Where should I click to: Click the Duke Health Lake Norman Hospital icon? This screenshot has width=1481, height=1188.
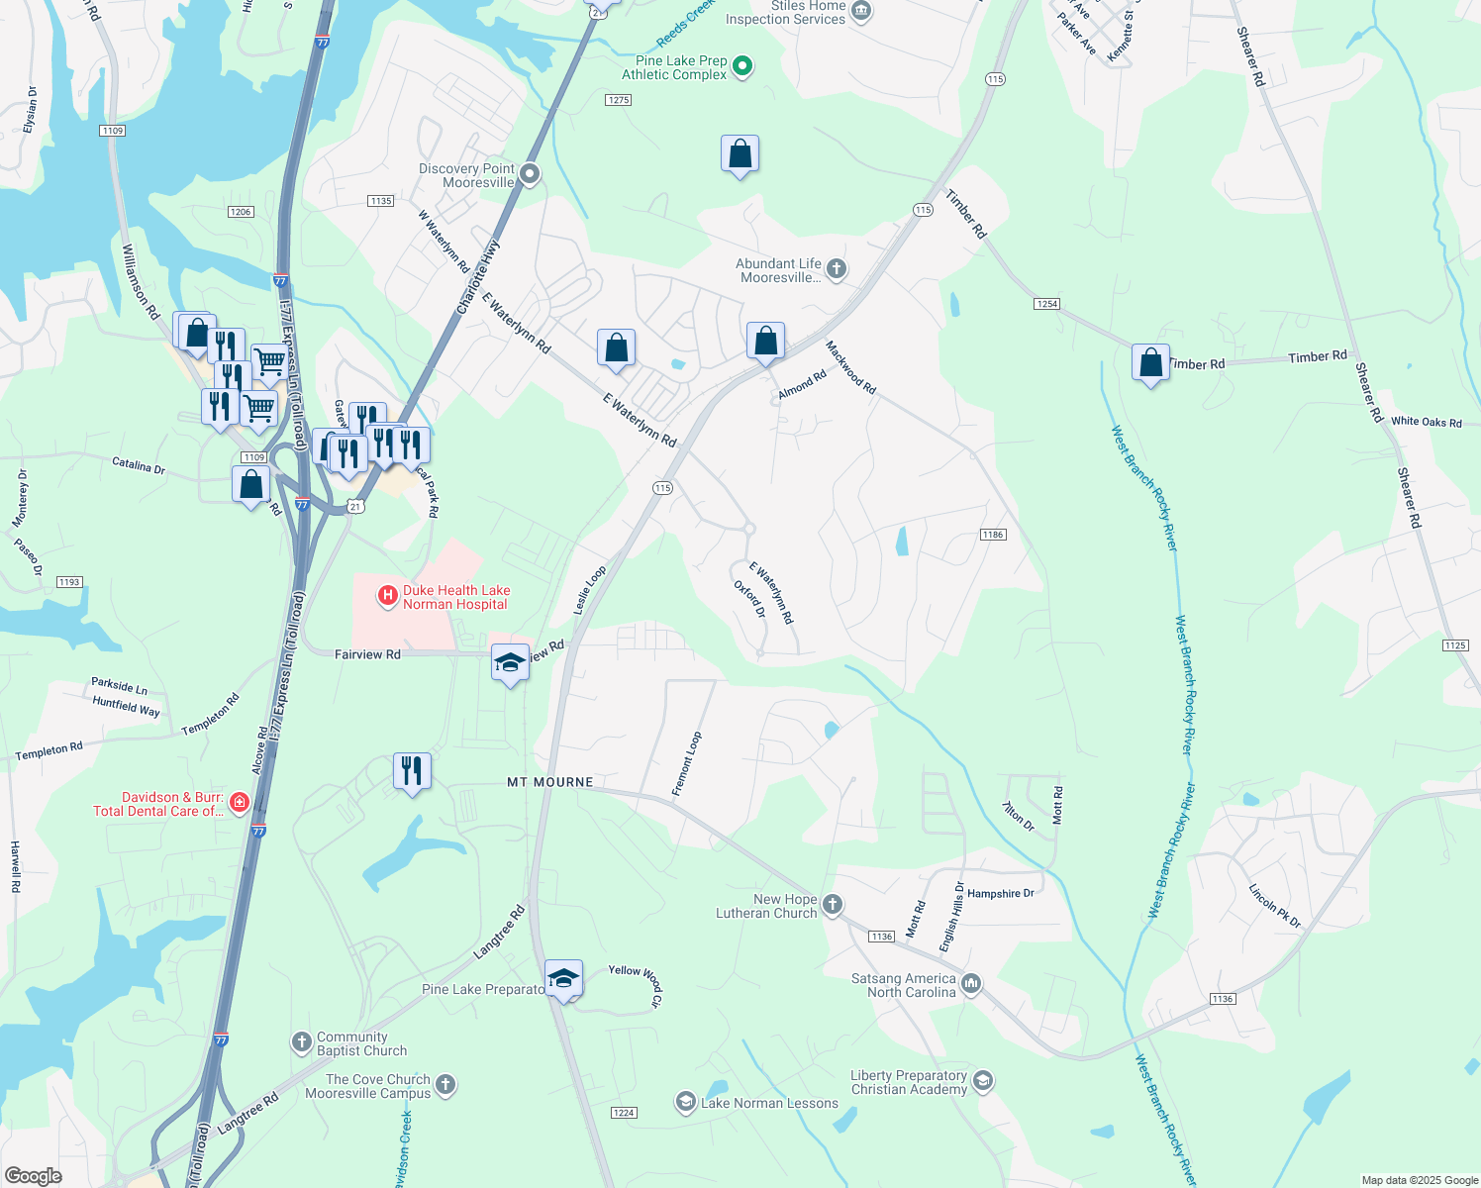click(x=388, y=596)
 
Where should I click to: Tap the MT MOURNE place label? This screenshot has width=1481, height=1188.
click(x=550, y=782)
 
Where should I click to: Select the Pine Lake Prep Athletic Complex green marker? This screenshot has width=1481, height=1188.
click(x=742, y=67)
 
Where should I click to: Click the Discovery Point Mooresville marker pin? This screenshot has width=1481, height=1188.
click(x=530, y=175)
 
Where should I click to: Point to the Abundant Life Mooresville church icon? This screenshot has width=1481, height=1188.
click(x=837, y=268)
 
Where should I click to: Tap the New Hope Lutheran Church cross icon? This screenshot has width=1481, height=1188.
click(x=833, y=904)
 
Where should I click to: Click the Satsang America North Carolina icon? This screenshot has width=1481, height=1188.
click(x=971, y=983)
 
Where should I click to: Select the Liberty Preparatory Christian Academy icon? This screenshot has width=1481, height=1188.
click(x=982, y=1080)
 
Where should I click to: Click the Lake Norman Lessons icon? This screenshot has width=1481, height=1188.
click(x=685, y=1102)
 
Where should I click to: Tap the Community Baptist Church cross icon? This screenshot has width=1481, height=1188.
click(x=302, y=1041)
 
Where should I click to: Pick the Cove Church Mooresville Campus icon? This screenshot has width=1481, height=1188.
click(x=445, y=1084)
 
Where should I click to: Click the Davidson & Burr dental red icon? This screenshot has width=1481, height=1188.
click(x=239, y=803)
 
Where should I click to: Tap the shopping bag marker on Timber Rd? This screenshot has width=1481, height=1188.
click(x=1150, y=363)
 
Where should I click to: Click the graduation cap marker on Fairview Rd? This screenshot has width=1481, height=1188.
click(x=510, y=663)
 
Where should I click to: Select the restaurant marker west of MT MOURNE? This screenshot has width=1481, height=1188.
click(x=412, y=770)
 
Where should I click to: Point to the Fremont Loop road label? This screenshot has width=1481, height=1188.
click(x=686, y=763)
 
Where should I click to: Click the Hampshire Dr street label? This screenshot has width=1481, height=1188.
click(x=1000, y=893)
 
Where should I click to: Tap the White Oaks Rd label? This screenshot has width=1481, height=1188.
click(x=1426, y=422)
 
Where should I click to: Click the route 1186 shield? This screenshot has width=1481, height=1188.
click(x=993, y=535)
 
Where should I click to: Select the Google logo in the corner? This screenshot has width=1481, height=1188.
click(x=33, y=1175)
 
